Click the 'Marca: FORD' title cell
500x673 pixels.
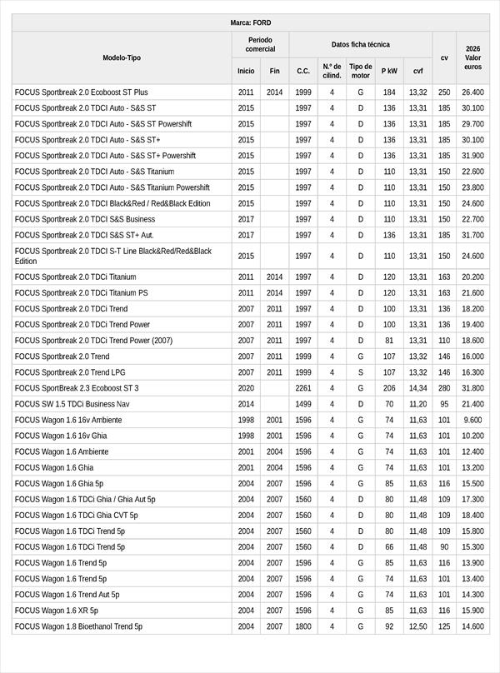tap(250, 22)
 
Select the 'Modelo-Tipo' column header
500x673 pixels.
tap(122, 57)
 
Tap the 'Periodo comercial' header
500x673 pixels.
tap(260, 44)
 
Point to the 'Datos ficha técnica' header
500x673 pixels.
tap(360, 44)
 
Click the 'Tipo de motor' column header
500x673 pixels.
tap(360, 71)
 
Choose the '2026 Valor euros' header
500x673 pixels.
tap(472, 57)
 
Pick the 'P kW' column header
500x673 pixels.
tap(389, 72)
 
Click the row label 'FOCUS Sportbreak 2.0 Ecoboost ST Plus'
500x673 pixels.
tap(81, 92)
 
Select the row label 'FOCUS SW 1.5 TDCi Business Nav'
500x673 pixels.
tap(72, 404)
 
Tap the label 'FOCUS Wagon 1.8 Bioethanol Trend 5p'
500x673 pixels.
tap(78, 626)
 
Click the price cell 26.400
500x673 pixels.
tap(472, 92)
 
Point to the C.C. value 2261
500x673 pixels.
tap(303, 388)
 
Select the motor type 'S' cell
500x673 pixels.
tap(360, 372)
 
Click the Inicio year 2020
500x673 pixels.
tap(246, 388)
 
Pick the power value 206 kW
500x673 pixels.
tap(389, 388)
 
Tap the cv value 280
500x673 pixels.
tap(444, 388)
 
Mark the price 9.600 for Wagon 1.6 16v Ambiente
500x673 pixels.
tap(472, 420)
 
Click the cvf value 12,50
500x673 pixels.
tap(417, 626)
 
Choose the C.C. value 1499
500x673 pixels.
tap(303, 404)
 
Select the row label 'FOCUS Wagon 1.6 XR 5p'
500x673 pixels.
tap(56, 611)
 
